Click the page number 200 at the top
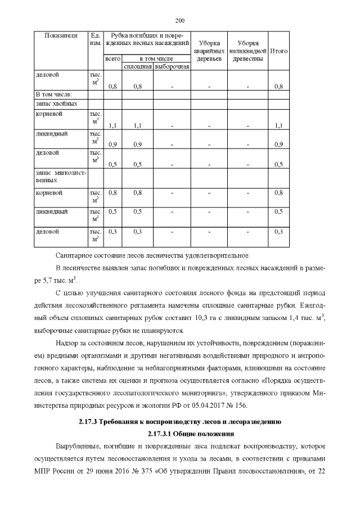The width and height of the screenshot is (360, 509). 180,21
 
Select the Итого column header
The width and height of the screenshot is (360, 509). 279,51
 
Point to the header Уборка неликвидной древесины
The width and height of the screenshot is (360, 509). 247,51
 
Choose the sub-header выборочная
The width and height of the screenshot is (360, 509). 172,67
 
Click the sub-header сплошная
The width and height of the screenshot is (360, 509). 137,67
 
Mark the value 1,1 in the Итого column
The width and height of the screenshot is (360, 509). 278,125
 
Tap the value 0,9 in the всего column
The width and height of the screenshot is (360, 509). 112,145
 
